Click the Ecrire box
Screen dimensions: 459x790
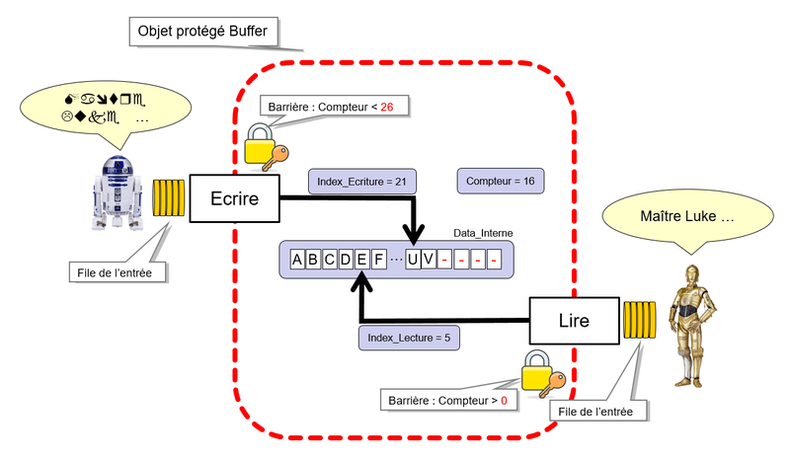(x=234, y=198)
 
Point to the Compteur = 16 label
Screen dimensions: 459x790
(x=501, y=182)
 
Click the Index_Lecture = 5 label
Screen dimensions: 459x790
(x=409, y=339)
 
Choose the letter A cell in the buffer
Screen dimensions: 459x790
(x=298, y=260)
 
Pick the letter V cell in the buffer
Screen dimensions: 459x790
(x=428, y=260)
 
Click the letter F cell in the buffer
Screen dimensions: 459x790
(x=378, y=260)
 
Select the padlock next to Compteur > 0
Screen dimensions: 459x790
(x=537, y=372)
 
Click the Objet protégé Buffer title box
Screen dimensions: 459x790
(x=203, y=32)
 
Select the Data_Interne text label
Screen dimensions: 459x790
(x=482, y=233)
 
